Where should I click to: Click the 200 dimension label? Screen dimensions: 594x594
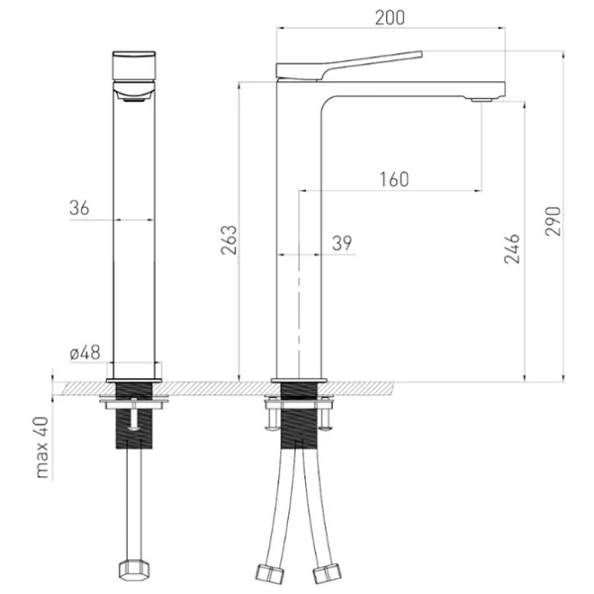click(390, 18)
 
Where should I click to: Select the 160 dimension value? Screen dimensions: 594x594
click(394, 179)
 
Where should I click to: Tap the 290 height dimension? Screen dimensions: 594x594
click(553, 221)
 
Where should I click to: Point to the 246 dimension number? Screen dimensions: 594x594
click(512, 248)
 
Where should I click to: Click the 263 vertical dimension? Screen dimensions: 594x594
click(229, 240)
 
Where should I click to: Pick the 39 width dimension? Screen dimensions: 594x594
click(343, 244)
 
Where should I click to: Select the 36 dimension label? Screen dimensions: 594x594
click(79, 208)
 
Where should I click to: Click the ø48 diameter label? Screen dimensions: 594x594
click(85, 352)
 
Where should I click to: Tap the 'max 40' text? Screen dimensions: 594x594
click(42, 447)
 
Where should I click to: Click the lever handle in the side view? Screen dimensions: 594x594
click(348, 65)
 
